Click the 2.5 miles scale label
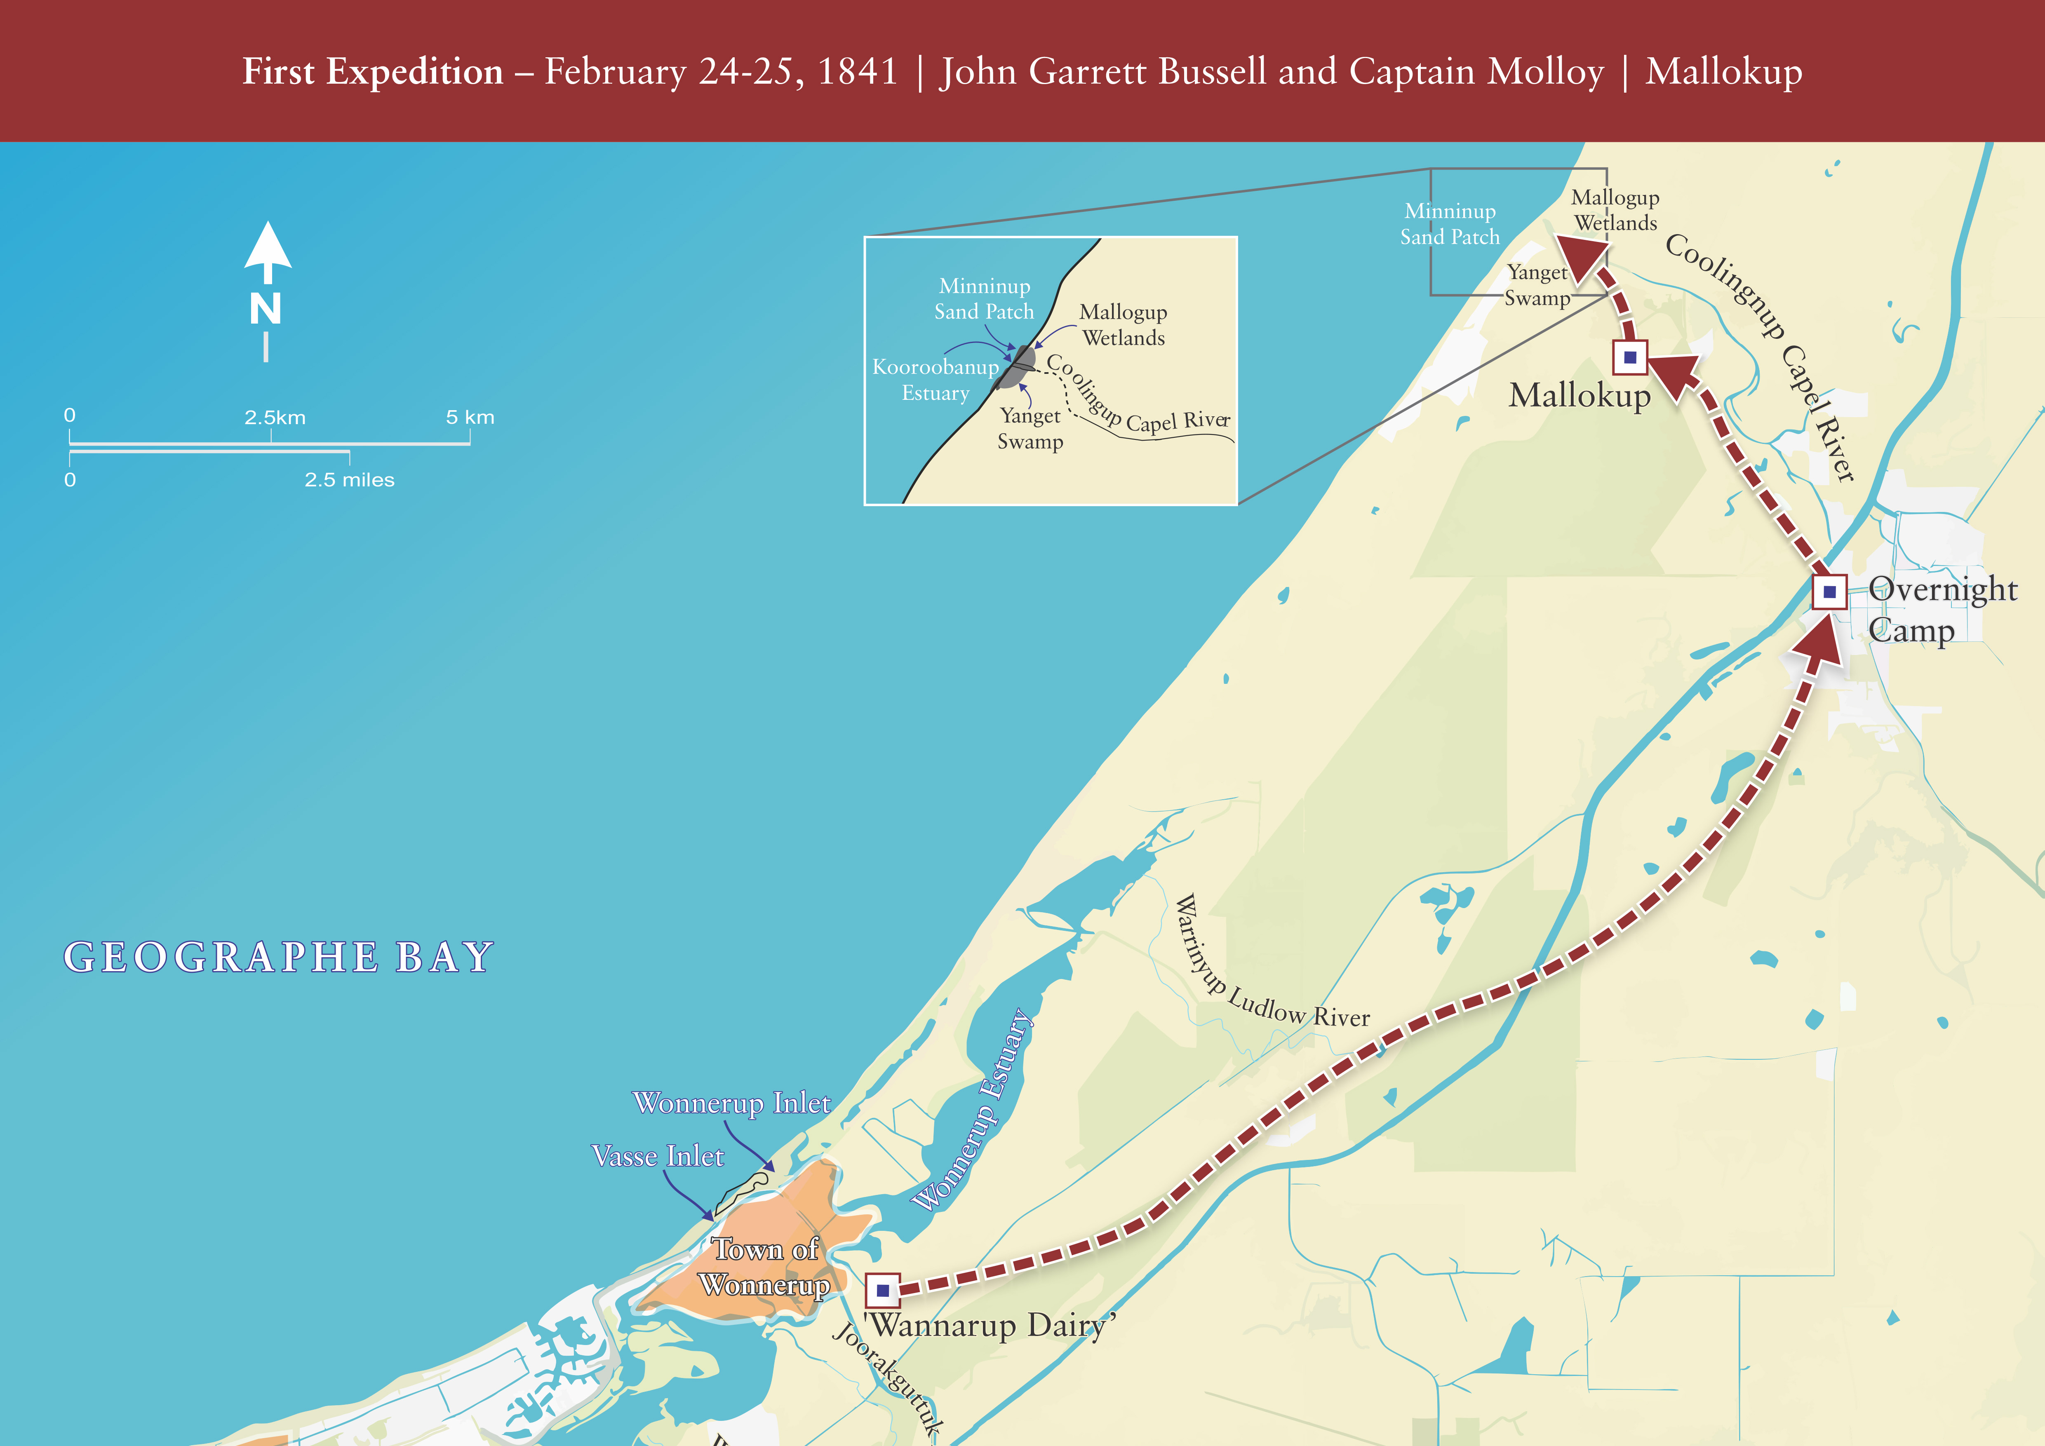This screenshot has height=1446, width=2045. tap(349, 480)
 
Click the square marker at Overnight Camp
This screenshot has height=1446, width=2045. tap(1829, 591)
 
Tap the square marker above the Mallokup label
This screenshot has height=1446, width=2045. tap(1630, 358)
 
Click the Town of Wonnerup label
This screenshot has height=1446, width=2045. tap(765, 1267)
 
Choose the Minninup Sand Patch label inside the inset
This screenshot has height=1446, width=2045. tap(984, 298)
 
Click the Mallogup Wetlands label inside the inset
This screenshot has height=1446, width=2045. tap(1123, 325)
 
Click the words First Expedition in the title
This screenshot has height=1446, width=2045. tap(373, 71)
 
